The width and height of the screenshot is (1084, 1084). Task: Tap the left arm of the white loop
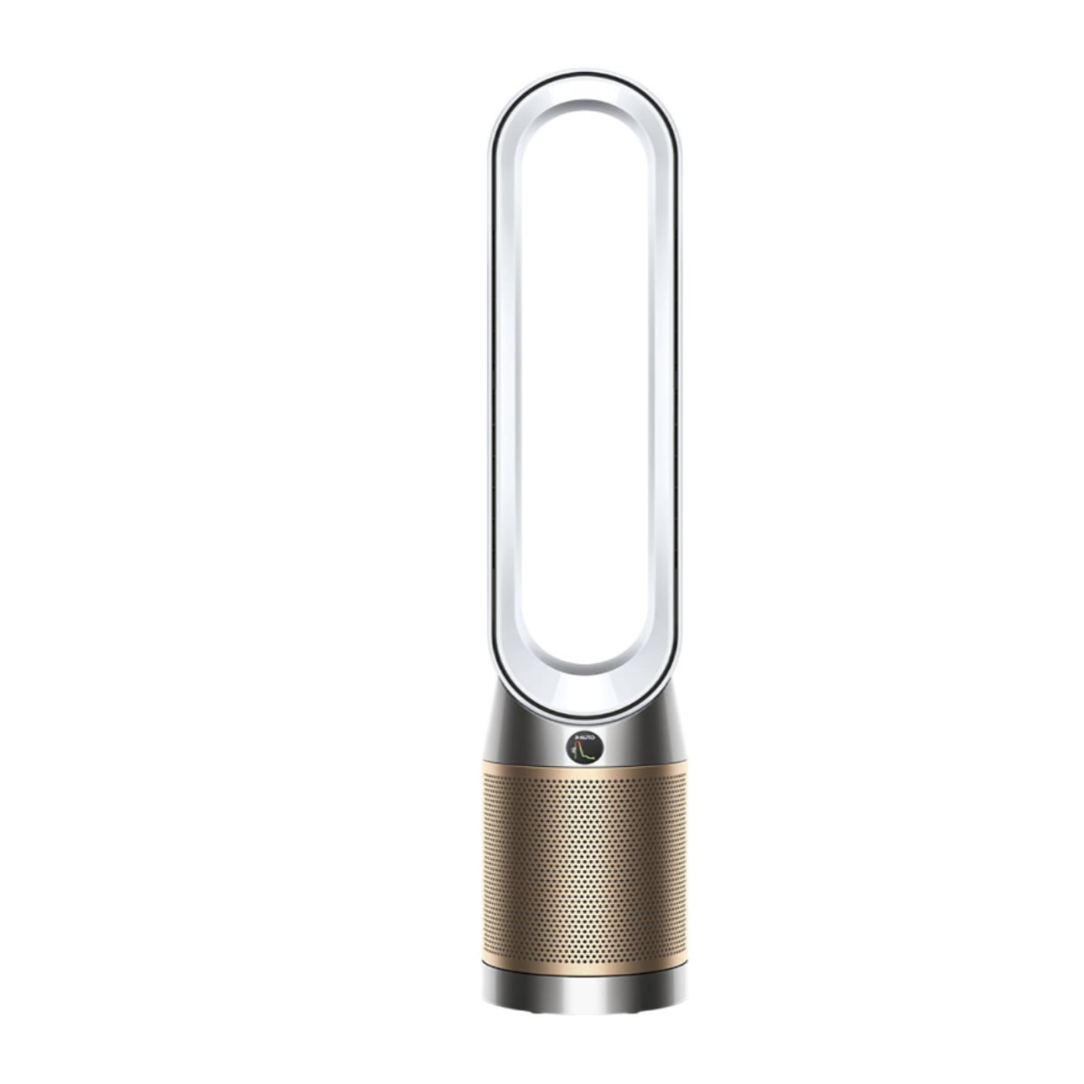pos(505,379)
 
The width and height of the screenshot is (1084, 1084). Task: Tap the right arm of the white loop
pos(667,379)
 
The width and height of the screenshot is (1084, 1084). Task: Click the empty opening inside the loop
pos(585,379)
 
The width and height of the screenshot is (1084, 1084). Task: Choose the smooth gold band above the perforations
pos(584,770)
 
